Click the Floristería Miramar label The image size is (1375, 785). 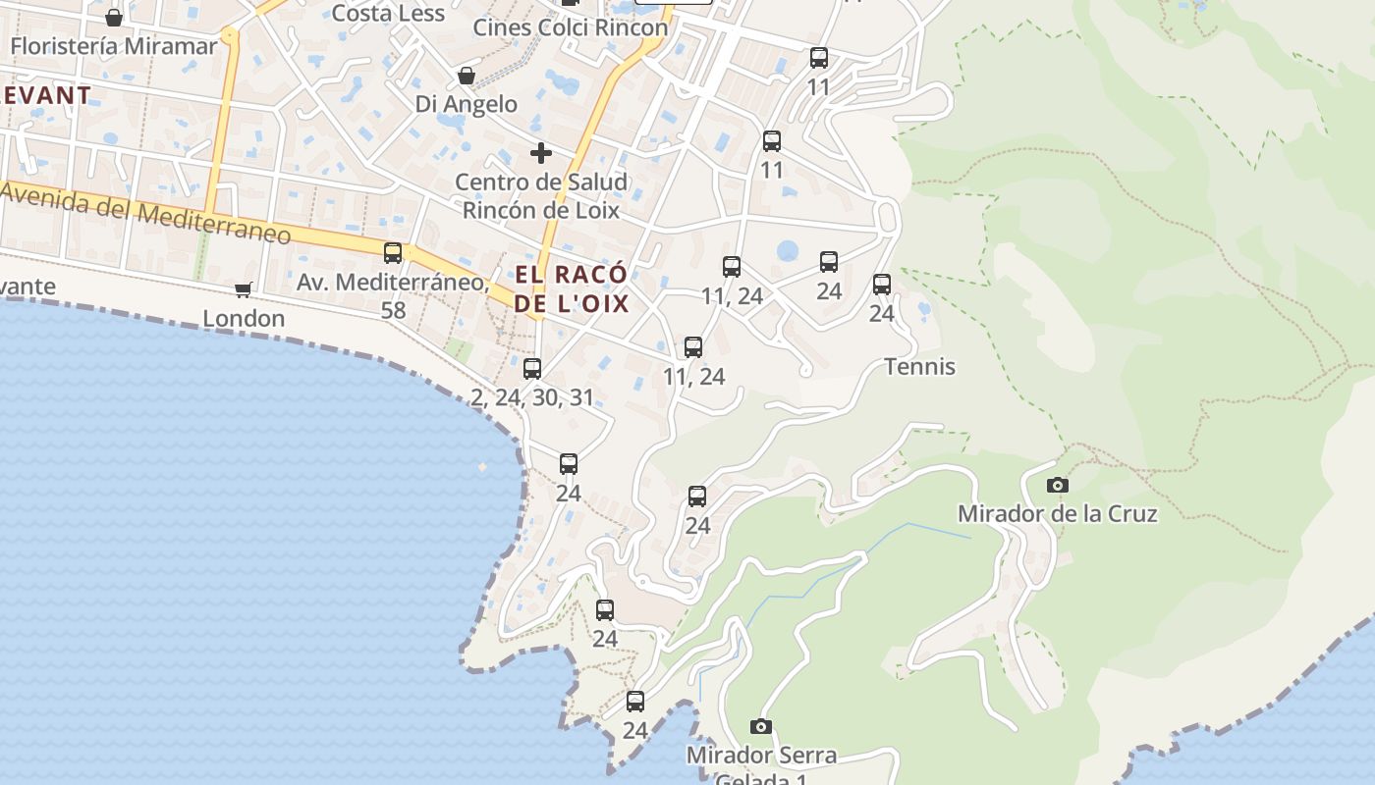pyautogui.click(x=113, y=46)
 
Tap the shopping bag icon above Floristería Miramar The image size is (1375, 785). pyautogui.click(x=114, y=18)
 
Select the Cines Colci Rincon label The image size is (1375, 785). pyautogui.click(x=570, y=27)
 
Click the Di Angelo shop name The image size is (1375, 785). pyautogui.click(x=466, y=104)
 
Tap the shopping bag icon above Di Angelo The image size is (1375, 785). pyautogui.click(x=467, y=76)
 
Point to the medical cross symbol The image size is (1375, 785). pyautogui.click(x=540, y=153)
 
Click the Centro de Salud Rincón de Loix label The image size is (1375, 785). pyautogui.click(x=540, y=195)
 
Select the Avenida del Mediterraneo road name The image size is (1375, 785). pyautogui.click(x=147, y=215)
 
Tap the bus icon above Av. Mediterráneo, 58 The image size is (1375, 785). pyautogui.click(x=393, y=253)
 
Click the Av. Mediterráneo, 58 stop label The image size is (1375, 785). pyautogui.click(x=393, y=295)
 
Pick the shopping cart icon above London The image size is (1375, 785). pyautogui.click(x=243, y=289)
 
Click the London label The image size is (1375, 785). pyautogui.click(x=244, y=318)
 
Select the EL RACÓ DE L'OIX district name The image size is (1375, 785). pyautogui.click(x=572, y=288)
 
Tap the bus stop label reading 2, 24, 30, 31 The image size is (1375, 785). pyautogui.click(x=532, y=397)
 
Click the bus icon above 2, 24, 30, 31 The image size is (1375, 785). pyautogui.click(x=532, y=369)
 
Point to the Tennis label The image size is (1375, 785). pyautogui.click(x=919, y=367)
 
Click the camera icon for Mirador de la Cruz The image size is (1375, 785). pyautogui.click(x=1057, y=485)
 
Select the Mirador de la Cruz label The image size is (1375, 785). pyautogui.click(x=1057, y=513)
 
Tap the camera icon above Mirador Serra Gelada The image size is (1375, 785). pyautogui.click(x=760, y=727)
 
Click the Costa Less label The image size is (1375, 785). pyautogui.click(x=388, y=14)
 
